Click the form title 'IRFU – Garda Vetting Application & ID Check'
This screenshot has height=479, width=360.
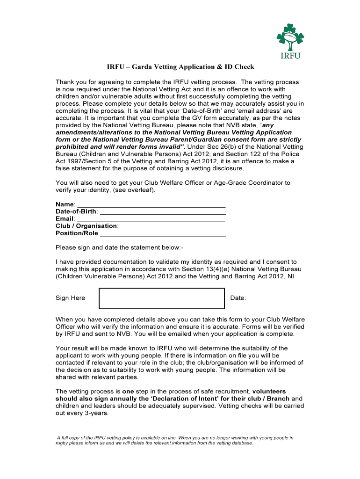(179, 67)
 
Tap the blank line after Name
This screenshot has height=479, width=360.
(151, 205)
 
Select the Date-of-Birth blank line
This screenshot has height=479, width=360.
(163, 212)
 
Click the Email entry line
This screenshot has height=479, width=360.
(151, 219)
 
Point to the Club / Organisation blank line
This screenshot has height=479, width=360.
(173, 227)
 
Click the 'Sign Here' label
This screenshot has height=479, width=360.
(71, 298)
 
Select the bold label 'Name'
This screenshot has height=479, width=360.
(65, 204)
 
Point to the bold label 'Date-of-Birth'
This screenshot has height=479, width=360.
(76, 211)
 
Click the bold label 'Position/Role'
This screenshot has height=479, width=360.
(77, 233)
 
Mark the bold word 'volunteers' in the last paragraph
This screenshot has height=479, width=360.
(269, 391)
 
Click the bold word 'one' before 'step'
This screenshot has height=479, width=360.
(129, 391)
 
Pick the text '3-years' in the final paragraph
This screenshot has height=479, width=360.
(97, 413)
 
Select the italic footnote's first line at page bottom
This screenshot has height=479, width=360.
(175, 438)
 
